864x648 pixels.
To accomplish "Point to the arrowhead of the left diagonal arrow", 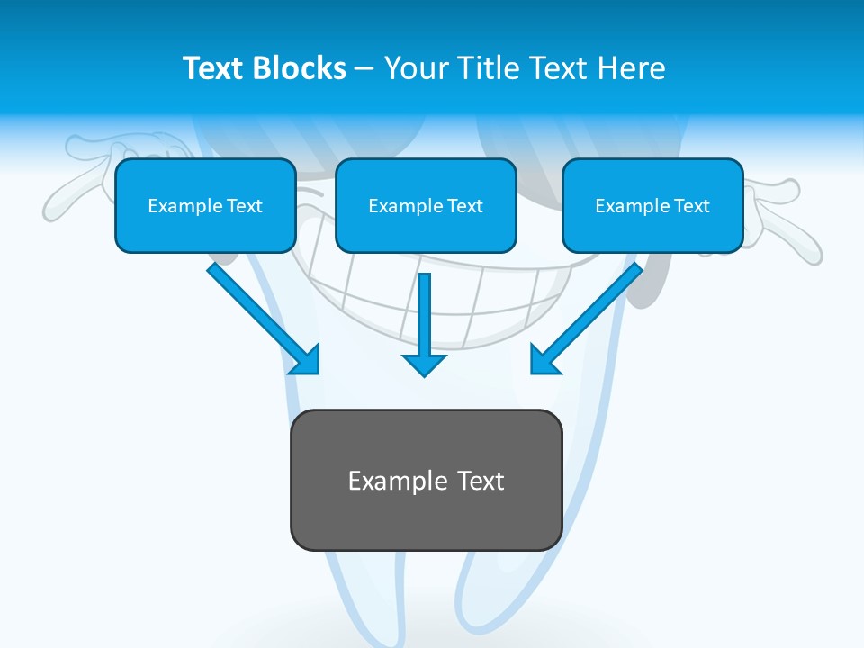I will coord(307,361).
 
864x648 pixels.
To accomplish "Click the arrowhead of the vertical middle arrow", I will coord(424,364).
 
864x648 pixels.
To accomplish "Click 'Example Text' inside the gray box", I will coord(427,481).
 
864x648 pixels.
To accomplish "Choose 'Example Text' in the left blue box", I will coord(205,206).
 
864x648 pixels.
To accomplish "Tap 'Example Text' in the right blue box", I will coord(652,206).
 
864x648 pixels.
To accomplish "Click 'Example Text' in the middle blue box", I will coord(426,206).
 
